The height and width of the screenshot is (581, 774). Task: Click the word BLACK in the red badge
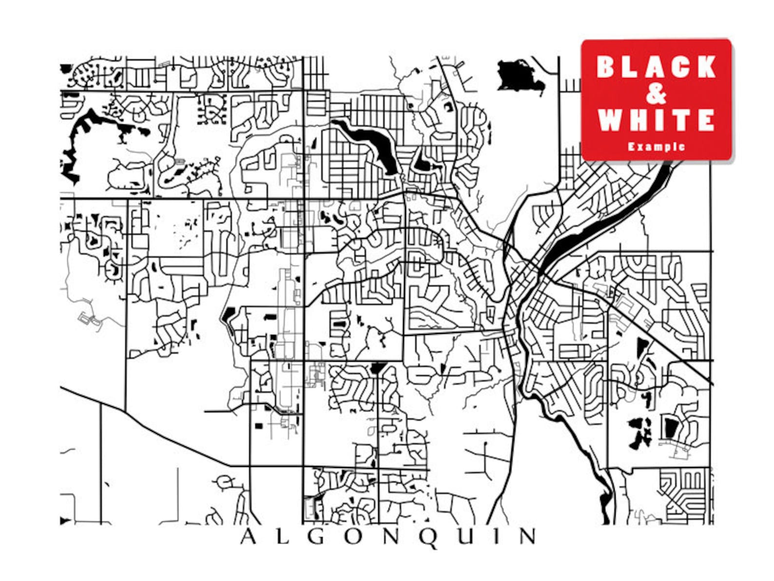(656, 67)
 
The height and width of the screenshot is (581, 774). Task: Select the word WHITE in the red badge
(656, 120)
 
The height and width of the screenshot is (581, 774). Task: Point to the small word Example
(656, 146)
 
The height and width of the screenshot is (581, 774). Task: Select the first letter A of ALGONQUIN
(248, 537)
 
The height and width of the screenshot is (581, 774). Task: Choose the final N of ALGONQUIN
(527, 537)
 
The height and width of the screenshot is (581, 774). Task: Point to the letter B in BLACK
(606, 67)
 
